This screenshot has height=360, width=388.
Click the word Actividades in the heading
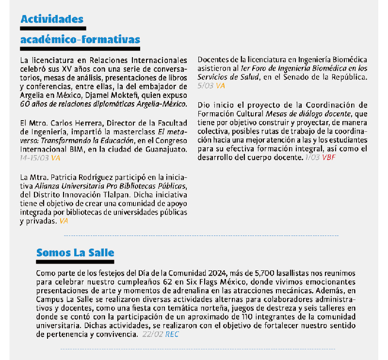pos(52,19)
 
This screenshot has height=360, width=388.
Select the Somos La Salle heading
pos(75,252)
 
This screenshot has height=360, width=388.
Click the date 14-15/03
pos(34,158)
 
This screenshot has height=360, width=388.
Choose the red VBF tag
pos(328,157)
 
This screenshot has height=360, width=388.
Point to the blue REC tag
pos(172,334)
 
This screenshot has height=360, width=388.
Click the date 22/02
pos(153,334)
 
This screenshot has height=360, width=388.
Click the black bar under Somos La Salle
pos(75,262)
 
